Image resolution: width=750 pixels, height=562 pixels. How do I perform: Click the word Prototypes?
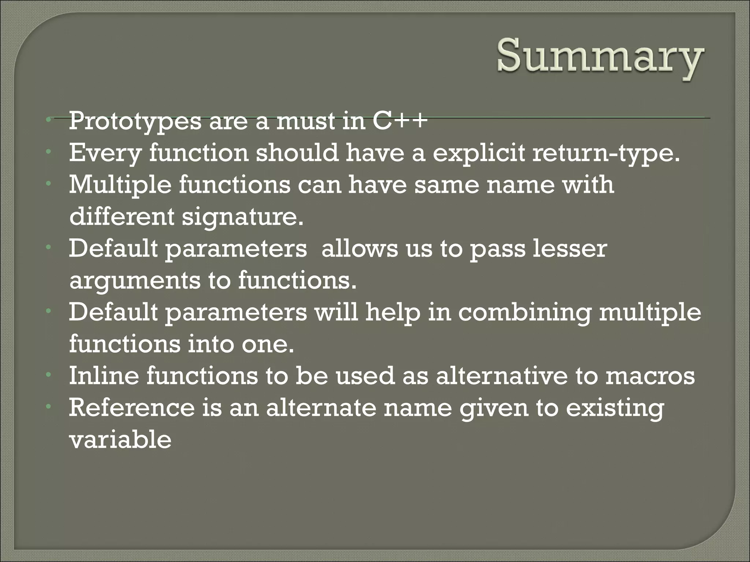pyautogui.click(x=135, y=122)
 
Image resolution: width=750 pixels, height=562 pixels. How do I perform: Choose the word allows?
pyautogui.click(x=359, y=249)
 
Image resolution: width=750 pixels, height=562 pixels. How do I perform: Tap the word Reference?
pyautogui.click(x=131, y=408)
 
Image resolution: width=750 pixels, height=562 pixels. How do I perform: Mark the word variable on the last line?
pyautogui.click(x=120, y=440)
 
